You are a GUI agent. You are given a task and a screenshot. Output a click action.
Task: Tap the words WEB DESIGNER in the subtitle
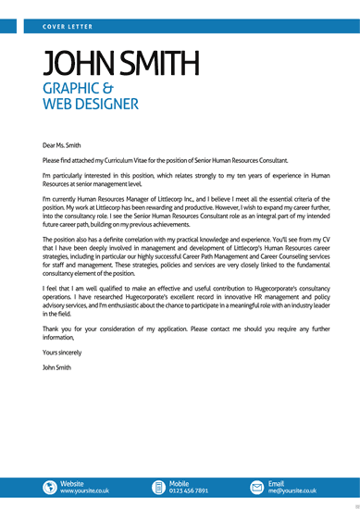[91, 105]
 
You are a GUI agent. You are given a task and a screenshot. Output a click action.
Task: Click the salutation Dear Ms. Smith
[62, 144]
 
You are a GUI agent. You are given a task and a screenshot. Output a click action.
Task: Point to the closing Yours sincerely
[63, 353]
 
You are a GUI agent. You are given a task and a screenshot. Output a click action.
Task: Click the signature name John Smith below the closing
[56, 367]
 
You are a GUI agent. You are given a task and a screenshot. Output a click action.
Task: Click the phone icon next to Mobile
[159, 487]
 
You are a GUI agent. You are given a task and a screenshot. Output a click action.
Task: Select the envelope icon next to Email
[257, 487]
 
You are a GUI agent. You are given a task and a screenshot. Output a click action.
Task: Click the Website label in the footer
[72, 483]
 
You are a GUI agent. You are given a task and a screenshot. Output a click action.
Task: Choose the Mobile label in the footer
[180, 483]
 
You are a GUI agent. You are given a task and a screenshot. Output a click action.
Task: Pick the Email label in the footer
[277, 483]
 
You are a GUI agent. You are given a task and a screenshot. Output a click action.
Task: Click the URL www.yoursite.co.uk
[85, 491]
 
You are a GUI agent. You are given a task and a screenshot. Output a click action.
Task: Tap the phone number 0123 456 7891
[189, 491]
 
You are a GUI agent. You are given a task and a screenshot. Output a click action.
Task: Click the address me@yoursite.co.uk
[292, 491]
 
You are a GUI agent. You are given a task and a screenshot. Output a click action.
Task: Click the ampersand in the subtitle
[133, 88]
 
